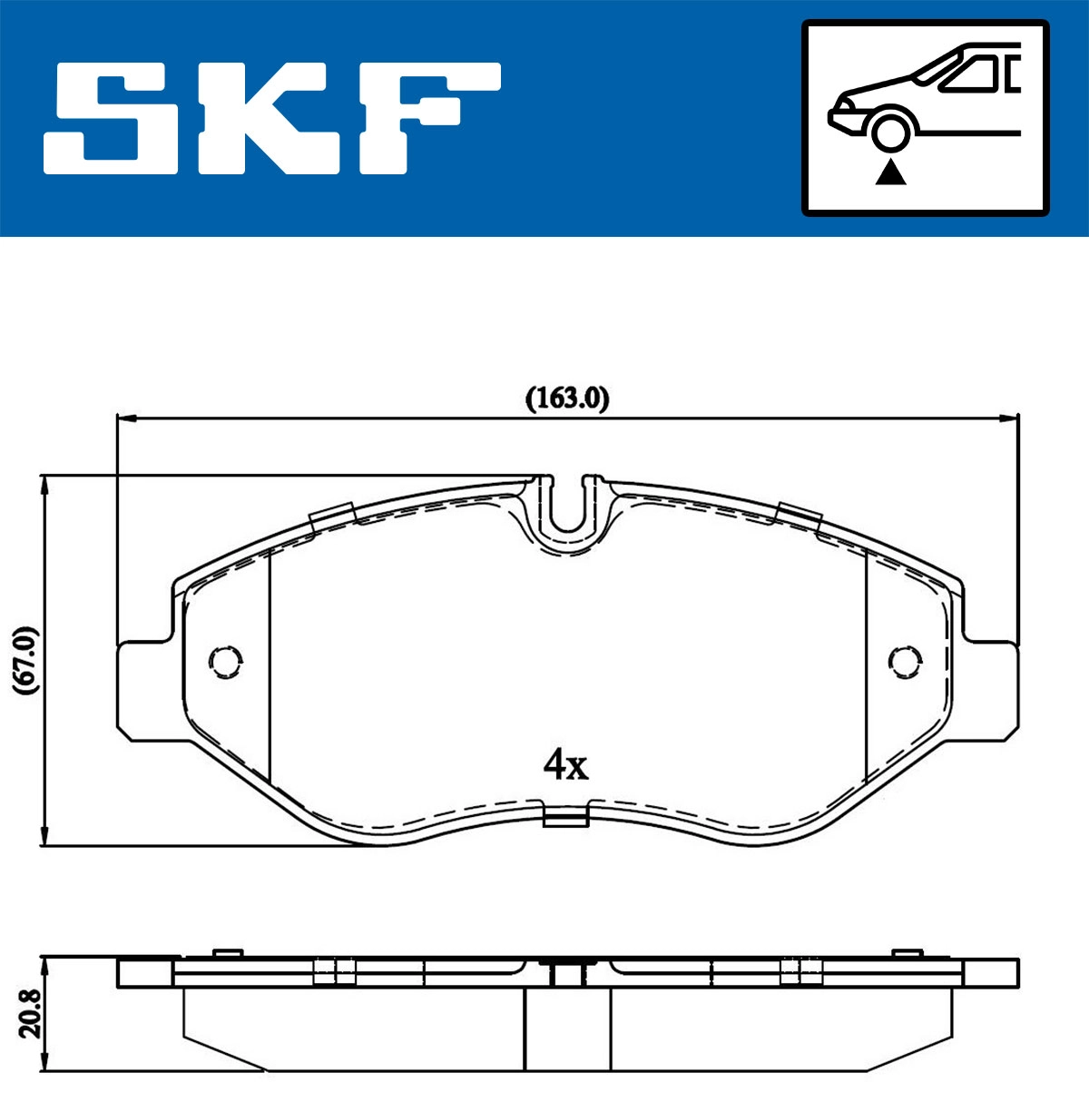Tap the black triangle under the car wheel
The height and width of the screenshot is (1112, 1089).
891,172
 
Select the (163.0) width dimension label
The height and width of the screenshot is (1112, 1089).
567,398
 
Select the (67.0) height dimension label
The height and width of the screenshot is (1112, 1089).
26,660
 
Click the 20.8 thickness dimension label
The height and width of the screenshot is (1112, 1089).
29,1013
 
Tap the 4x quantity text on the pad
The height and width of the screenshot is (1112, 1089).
565,765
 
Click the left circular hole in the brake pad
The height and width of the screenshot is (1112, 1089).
225,661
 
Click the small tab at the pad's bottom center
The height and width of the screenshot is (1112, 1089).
565,820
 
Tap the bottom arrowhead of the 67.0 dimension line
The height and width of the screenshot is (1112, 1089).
44,837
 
